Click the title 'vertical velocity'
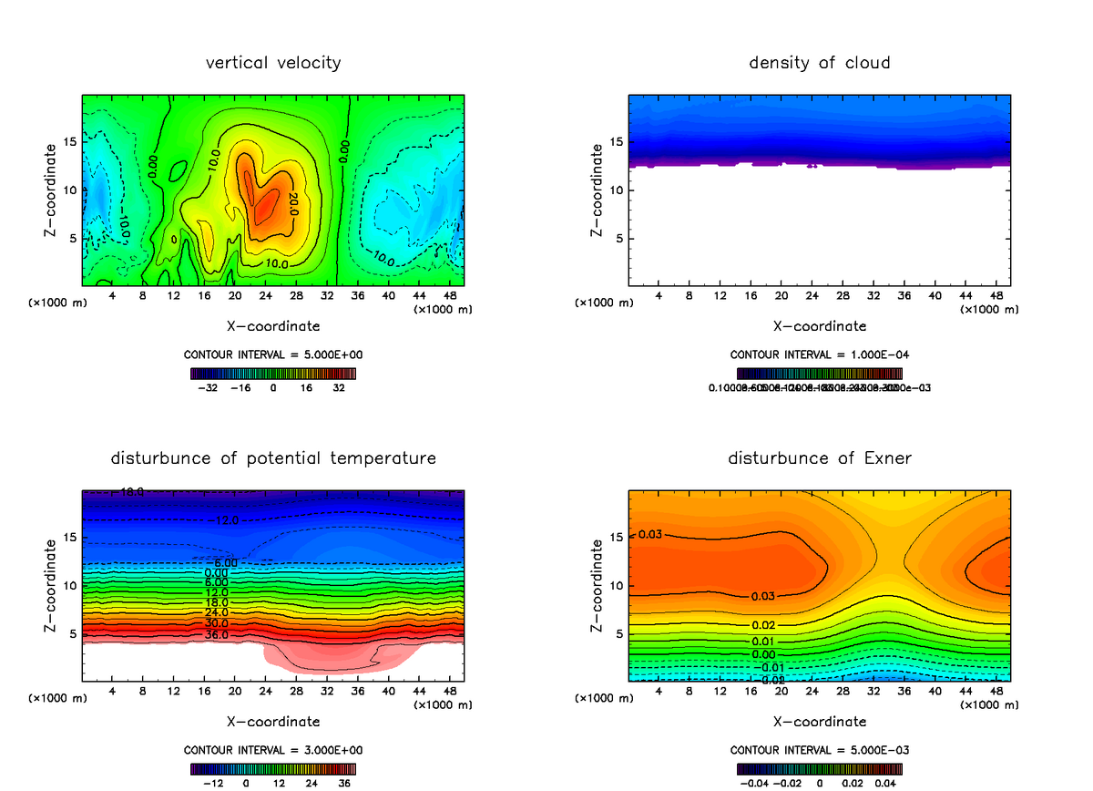[273, 63]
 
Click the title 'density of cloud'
[820, 63]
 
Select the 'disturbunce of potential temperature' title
[273, 458]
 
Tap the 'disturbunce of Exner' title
[820, 458]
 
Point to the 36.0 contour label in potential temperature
[216, 634]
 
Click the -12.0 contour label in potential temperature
[227, 520]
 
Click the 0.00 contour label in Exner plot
[763, 654]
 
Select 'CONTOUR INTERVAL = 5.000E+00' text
[273, 354]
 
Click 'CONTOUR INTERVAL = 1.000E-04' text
[820, 354]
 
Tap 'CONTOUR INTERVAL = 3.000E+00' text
[273, 750]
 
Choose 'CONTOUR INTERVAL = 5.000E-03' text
[820, 750]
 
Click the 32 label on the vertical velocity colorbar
[339, 387]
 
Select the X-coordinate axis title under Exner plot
[820, 722]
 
